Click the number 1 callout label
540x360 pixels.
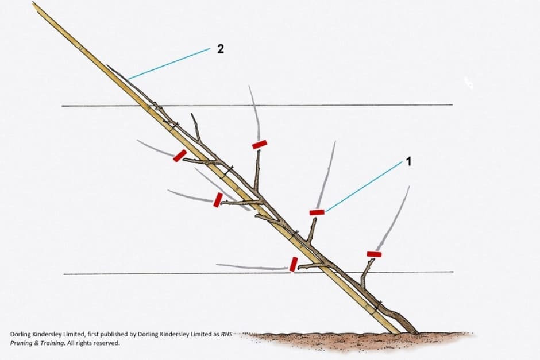409,161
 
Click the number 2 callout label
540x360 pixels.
221,49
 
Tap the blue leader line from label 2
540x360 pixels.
169,64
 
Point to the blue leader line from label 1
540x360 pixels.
364,186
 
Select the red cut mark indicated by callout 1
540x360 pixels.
317,212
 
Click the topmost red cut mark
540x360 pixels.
260,144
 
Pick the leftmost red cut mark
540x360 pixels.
180,156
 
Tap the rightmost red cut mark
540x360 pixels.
374,254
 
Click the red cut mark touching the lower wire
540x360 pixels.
294,264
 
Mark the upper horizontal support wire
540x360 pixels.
257,105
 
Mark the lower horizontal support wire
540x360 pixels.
259,273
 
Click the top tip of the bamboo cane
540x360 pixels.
33,2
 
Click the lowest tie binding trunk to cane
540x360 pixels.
378,304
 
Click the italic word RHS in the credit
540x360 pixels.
226,334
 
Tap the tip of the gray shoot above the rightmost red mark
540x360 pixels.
409,187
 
